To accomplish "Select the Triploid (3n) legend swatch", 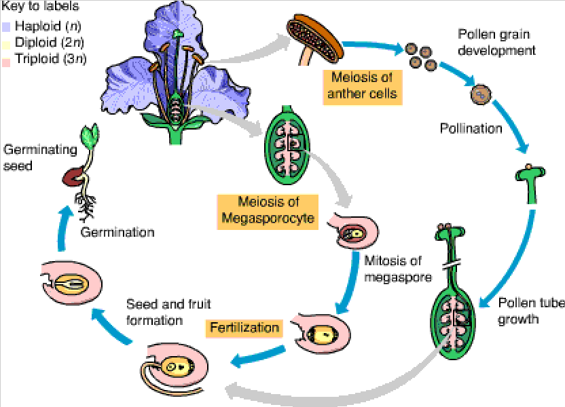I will click(5, 59).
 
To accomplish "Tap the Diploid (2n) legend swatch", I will click(5, 43).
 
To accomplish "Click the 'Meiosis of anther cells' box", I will click(363, 86).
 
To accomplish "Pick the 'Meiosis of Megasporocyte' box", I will click(268, 212).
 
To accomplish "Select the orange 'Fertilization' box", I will click(244, 328).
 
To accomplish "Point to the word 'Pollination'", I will click(471, 128).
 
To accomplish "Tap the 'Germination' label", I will click(117, 232).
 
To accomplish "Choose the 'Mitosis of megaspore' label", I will click(393, 269).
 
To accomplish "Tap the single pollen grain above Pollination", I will click(480, 94).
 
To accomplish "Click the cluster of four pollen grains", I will click(421, 58).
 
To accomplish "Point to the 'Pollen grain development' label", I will click(492, 42).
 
